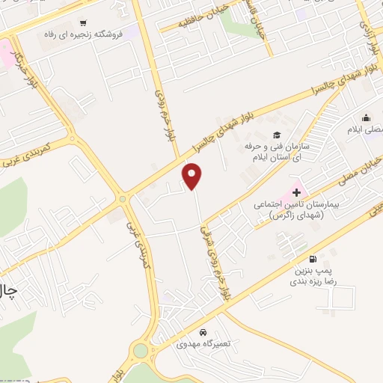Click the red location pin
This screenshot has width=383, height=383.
[193, 177]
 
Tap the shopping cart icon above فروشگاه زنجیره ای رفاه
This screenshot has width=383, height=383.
[83, 23]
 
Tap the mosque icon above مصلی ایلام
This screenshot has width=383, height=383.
[366, 117]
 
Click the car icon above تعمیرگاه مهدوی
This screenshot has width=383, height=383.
[203, 332]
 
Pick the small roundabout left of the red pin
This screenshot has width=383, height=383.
[122, 199]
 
